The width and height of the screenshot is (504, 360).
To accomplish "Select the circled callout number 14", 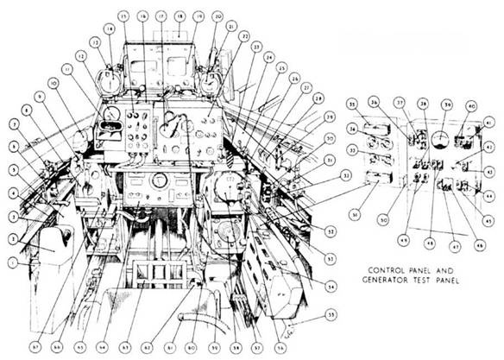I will [x=109, y=28].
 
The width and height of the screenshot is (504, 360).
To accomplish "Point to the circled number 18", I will [x=180, y=16].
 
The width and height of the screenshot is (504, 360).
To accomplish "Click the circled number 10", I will [x=53, y=83].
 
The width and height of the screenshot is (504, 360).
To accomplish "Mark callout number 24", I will [x=269, y=58].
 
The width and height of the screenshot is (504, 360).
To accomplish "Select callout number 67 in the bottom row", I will [x=34, y=345].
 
